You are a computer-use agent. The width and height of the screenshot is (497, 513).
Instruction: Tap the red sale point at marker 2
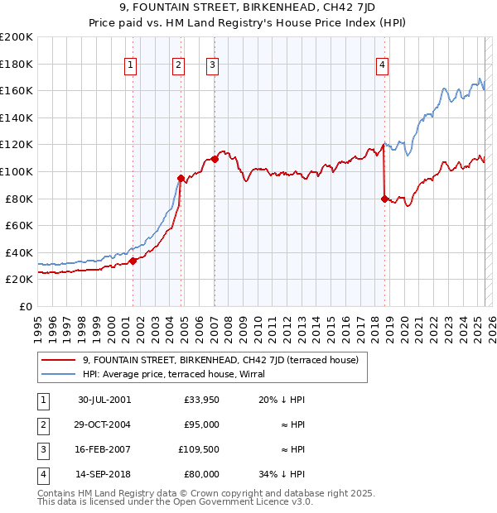coord(181,178)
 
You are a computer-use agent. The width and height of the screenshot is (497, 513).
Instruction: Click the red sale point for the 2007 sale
coord(215,158)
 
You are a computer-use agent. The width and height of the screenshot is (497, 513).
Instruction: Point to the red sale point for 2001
coord(133,261)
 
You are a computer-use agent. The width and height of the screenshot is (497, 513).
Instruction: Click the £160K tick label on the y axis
coord(16,90)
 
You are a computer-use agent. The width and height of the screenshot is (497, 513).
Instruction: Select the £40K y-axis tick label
coord(18,252)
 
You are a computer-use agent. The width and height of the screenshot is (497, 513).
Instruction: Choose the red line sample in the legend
coord(58,360)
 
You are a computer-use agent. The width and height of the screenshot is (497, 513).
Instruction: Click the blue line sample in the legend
coord(58,374)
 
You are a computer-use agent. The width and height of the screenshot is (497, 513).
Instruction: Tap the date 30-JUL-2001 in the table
coord(104,400)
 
